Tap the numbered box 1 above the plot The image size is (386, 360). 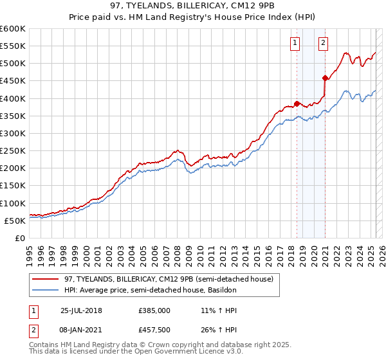pyautogui.click(x=295, y=44)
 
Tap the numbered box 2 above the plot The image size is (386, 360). pyautogui.click(x=322, y=44)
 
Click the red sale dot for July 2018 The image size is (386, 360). pyautogui.click(x=297, y=103)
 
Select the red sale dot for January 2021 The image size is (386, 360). pyautogui.click(x=325, y=78)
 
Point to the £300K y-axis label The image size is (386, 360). pyautogui.click(x=13, y=133)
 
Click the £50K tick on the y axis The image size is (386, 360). pyautogui.click(x=15, y=221)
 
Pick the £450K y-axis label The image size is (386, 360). pyautogui.click(x=13, y=81)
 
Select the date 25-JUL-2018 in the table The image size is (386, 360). pyautogui.click(x=81, y=310)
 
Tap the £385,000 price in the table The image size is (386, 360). pyautogui.click(x=153, y=310)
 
